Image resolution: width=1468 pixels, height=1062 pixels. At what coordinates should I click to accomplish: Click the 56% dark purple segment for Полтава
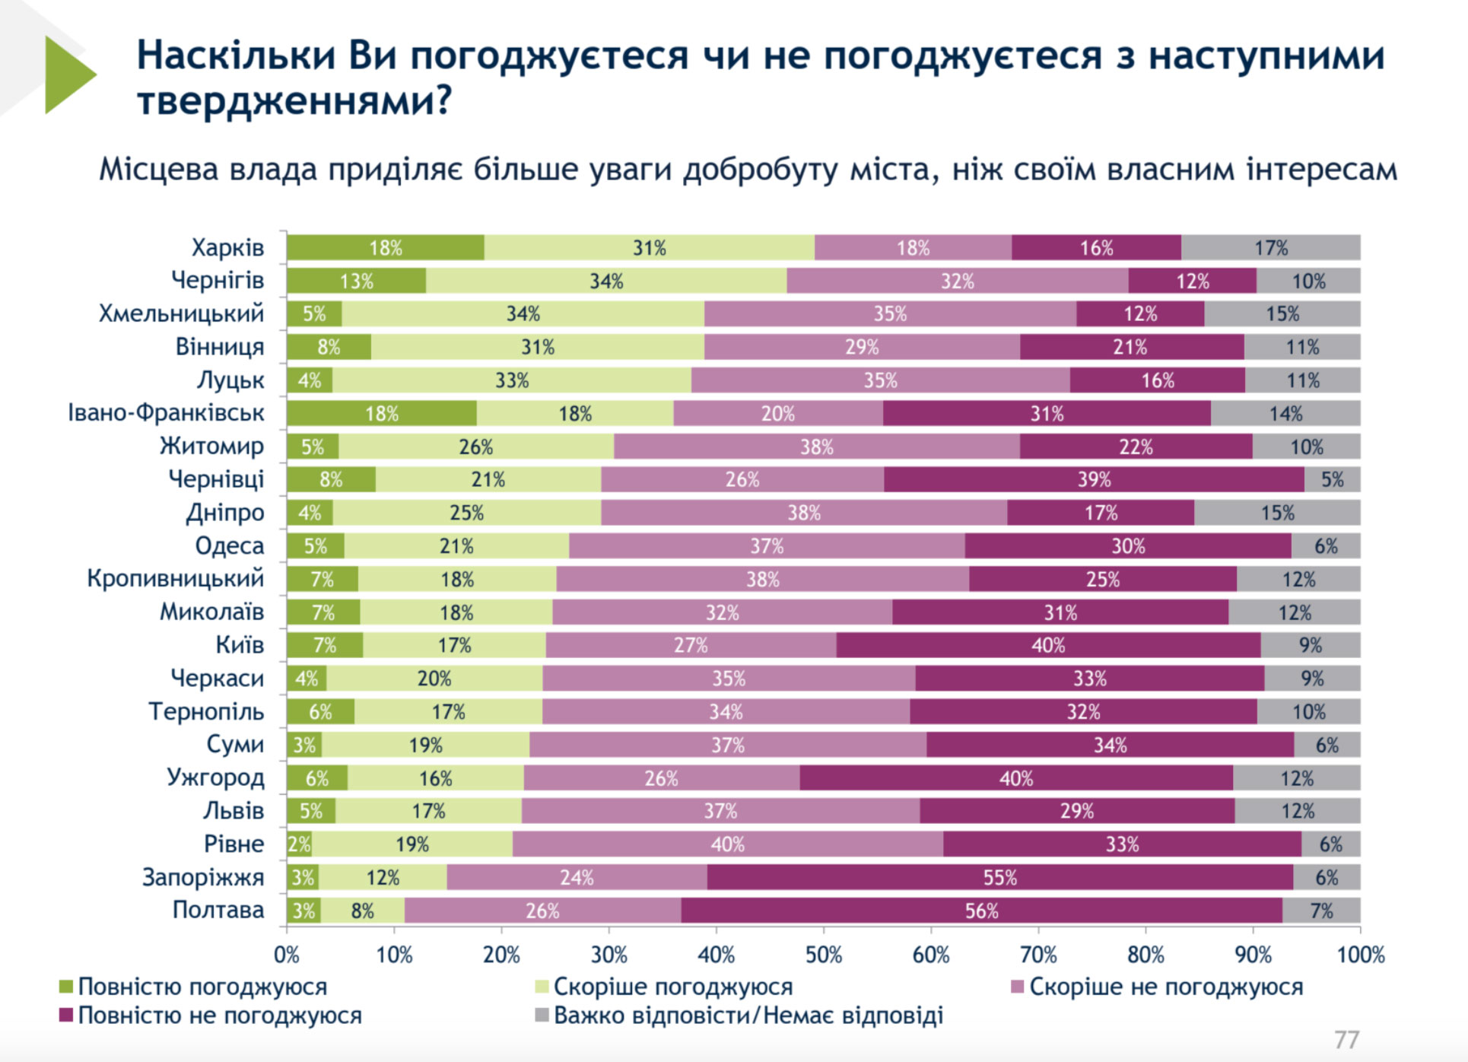981,911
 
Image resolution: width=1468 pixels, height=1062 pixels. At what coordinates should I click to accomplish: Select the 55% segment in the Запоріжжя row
999,877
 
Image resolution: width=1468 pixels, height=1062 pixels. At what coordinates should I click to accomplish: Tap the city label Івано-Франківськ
166,413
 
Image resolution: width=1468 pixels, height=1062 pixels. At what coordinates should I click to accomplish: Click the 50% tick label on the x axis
824,955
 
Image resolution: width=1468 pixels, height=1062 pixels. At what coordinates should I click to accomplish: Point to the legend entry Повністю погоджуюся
194,987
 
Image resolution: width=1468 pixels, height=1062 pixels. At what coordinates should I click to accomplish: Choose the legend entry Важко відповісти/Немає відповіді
739,1016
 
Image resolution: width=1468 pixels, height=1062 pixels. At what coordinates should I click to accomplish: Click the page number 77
1346,1039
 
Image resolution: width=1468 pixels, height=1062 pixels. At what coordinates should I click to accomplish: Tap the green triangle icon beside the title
68,75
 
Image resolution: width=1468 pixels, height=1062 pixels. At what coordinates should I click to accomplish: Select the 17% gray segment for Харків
1270,248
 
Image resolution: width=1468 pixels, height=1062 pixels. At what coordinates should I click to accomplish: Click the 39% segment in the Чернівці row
1094,479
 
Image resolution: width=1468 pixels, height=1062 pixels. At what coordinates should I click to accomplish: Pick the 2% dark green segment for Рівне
299,844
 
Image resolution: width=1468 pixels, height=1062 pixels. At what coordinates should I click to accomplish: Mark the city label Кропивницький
175,578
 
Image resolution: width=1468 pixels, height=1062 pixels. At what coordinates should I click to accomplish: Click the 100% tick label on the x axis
1361,955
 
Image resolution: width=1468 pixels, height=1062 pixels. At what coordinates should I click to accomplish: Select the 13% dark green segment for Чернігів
356,281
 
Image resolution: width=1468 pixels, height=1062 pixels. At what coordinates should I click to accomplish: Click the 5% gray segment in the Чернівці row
1332,479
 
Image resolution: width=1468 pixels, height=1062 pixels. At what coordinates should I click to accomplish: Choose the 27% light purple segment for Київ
691,645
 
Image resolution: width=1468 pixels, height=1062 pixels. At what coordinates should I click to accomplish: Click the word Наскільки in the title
236,56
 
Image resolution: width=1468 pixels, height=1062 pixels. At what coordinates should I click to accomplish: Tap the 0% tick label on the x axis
287,955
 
